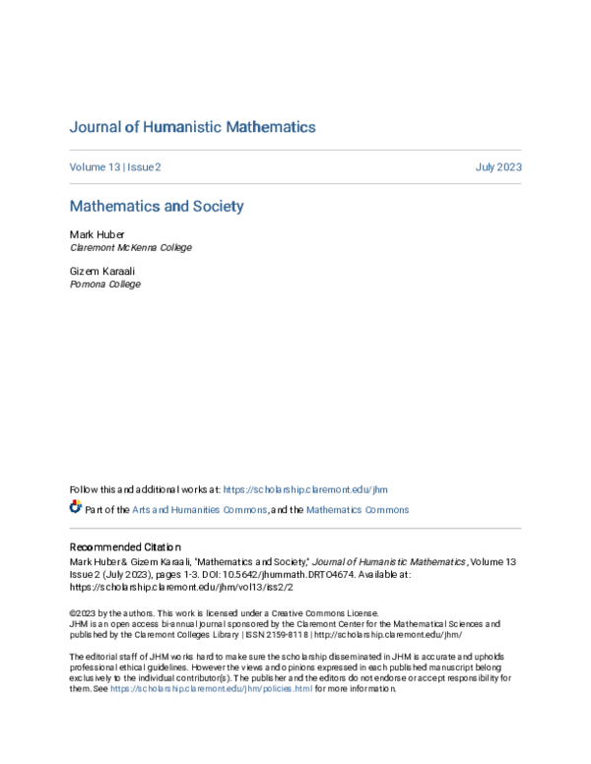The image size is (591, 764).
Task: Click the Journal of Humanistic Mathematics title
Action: (x=192, y=127)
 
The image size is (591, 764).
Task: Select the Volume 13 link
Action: (x=94, y=167)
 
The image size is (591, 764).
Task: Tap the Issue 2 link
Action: (x=143, y=167)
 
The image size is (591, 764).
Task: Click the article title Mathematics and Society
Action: (x=156, y=207)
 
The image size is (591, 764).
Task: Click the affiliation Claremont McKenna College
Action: (x=130, y=248)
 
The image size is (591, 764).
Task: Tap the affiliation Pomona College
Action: (x=104, y=285)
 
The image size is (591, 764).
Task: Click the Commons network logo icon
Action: (x=76, y=508)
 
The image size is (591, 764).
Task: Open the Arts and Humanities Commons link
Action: (x=200, y=510)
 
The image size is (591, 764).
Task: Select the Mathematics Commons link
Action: (x=357, y=510)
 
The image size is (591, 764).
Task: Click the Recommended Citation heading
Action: (x=126, y=546)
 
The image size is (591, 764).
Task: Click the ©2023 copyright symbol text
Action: (x=83, y=611)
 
